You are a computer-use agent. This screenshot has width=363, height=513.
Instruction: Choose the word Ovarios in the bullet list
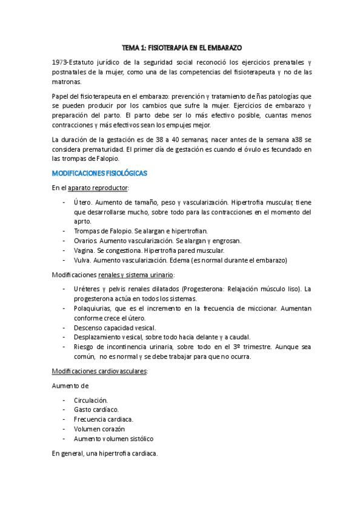pos(85,241)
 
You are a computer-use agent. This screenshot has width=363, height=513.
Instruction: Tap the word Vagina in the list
pos(84,250)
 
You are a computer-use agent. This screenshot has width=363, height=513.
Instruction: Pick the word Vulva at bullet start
pos(82,260)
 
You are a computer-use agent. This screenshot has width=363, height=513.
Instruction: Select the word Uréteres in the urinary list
pos(87,289)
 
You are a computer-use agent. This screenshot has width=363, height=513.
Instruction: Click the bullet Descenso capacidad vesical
pos(114,327)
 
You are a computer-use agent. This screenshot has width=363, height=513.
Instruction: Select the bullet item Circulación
pos(91,400)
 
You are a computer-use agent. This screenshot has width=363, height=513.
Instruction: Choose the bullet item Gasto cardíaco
pos(96,410)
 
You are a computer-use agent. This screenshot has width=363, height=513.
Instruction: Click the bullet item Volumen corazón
pos(99,429)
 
